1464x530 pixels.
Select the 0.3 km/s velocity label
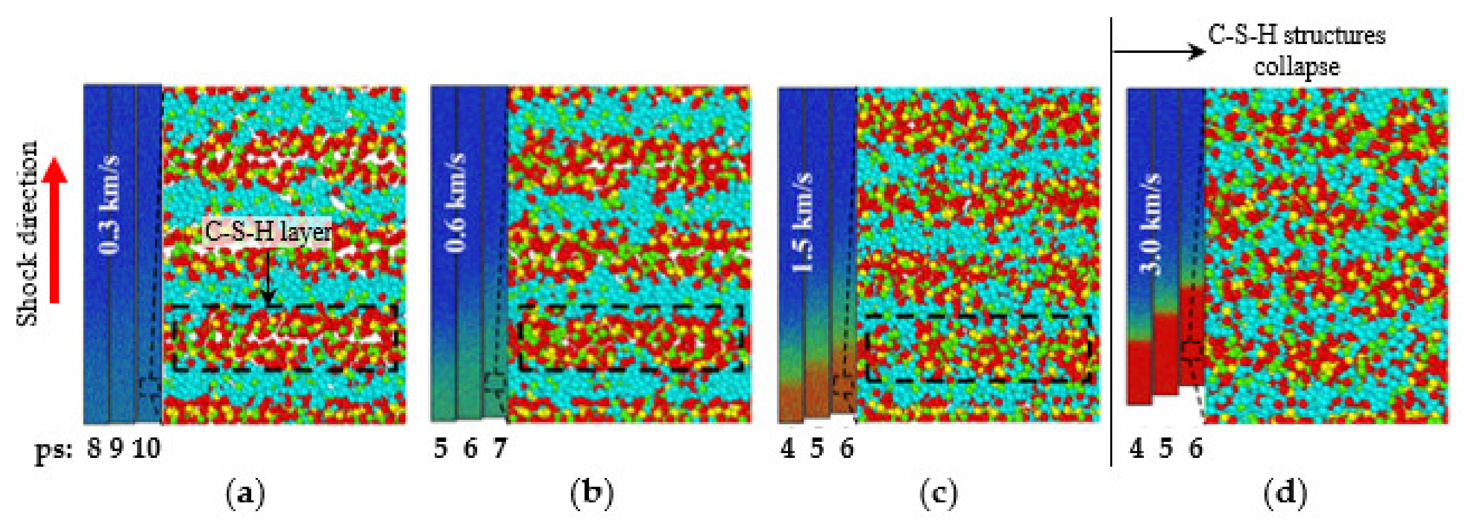tap(110, 204)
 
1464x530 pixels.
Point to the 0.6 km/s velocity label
tap(456, 202)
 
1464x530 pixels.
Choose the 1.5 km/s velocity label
tap(803, 222)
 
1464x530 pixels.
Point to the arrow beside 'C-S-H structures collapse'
tap(1160, 52)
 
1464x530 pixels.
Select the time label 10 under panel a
tap(147, 449)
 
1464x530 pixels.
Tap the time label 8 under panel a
tap(94, 449)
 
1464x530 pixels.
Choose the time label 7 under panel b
tap(500, 449)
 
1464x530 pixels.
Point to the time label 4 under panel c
tap(788, 449)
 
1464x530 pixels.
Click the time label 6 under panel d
tap(1196, 449)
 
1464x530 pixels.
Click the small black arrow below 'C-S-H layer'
tap(268, 281)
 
